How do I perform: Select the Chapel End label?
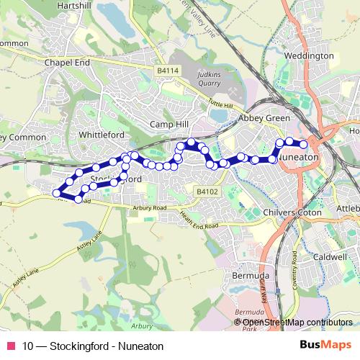coord(67,63)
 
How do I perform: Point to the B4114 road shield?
coord(167,71)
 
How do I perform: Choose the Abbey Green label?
coord(265,118)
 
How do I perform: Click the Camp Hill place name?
coord(168,124)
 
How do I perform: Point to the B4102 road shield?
coord(207,191)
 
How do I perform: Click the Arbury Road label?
coord(150,207)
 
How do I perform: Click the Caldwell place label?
coord(330,256)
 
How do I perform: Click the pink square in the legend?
coord(10,346)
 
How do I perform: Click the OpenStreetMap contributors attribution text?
coord(297,322)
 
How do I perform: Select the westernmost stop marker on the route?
coord(56,192)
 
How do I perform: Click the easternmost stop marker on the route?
coord(305,145)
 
